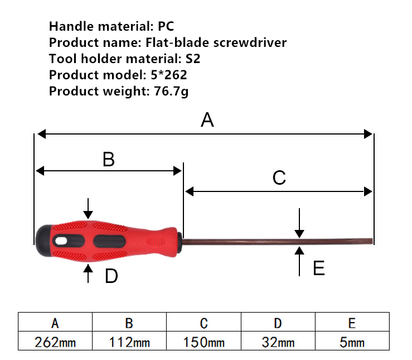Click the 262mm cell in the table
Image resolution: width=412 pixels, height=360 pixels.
click(55, 341)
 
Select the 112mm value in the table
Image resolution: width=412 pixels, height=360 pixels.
click(129, 341)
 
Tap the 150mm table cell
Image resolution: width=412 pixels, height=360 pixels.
click(203, 341)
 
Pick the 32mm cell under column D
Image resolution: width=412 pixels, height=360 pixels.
click(278, 341)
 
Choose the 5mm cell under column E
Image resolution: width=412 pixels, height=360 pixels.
click(352, 341)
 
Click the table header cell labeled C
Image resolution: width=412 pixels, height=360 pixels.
click(203, 322)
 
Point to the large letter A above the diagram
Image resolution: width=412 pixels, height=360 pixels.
click(207, 119)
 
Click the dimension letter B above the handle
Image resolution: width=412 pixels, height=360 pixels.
click(109, 159)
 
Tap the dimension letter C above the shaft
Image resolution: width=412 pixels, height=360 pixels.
click(279, 177)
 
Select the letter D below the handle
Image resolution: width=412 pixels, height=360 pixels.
click(112, 276)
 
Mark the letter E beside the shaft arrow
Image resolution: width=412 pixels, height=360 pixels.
click(319, 268)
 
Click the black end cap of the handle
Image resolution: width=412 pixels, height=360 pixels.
click(44, 241)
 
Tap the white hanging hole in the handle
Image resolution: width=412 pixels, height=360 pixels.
click(61, 241)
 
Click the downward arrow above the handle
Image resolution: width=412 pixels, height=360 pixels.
click(88, 209)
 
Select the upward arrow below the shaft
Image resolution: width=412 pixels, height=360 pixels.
click(299, 261)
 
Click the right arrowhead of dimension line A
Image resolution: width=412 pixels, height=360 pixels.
click(368, 134)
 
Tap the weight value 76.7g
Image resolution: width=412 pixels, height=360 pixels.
click(171, 91)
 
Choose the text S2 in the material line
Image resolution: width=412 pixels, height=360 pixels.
click(193, 59)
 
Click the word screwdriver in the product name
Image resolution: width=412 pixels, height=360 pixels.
click(250, 42)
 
